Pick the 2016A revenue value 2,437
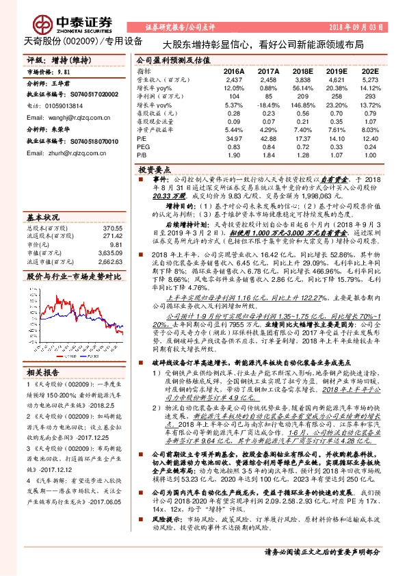(x=234, y=79)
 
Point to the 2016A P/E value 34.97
(x=234, y=139)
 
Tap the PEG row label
(x=143, y=147)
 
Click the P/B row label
(x=142, y=155)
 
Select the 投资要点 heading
(x=153, y=168)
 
